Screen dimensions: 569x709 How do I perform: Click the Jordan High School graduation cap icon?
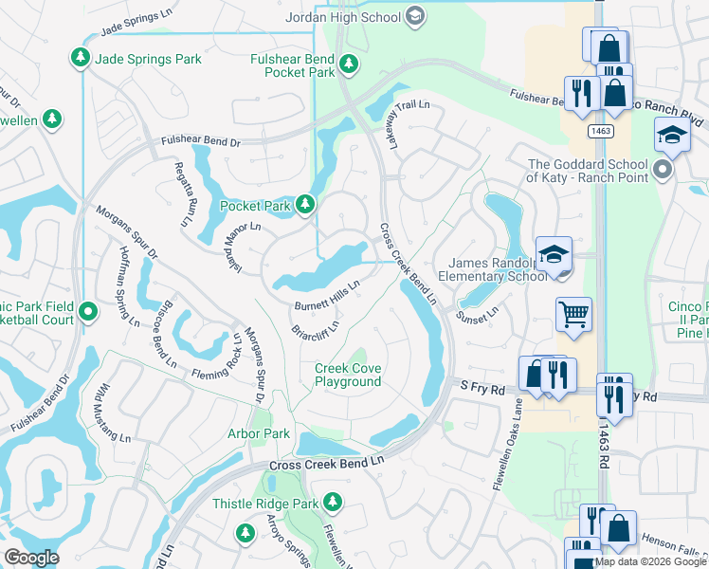coord(414,15)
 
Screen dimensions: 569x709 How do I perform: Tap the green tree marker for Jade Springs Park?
coord(81,59)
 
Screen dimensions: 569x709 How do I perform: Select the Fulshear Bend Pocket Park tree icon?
coord(350,64)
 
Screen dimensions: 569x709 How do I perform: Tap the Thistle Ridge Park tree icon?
coord(332,501)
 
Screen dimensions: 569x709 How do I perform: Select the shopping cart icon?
coord(573,313)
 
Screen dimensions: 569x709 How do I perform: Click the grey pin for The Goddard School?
coord(663,171)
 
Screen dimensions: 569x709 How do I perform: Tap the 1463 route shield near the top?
coord(598,130)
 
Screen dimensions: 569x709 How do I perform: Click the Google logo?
coord(31,558)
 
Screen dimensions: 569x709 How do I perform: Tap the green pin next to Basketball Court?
coord(87,311)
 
